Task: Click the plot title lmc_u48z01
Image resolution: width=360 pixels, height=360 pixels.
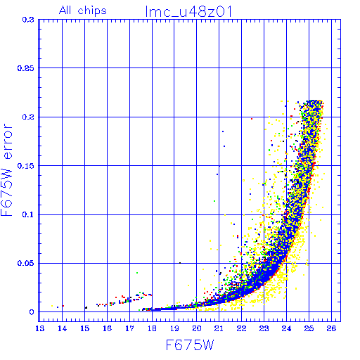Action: click(188, 11)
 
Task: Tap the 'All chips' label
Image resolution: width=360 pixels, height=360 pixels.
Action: click(83, 11)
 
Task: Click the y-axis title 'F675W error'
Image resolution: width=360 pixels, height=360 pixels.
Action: click(6, 169)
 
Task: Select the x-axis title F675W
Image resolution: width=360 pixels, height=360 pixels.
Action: click(190, 345)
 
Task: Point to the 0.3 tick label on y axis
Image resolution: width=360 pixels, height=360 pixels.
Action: click(28, 20)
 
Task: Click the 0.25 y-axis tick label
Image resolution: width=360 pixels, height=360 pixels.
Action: click(26, 68)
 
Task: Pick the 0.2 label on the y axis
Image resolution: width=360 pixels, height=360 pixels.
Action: click(28, 117)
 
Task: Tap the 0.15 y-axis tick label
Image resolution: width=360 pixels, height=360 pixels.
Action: click(26, 166)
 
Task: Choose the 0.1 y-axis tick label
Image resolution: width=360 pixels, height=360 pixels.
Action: click(28, 214)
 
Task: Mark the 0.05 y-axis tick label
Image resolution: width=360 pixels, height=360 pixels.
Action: click(26, 263)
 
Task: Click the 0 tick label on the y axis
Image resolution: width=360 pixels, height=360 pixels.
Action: click(32, 312)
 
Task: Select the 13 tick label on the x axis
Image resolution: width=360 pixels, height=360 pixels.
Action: click(40, 328)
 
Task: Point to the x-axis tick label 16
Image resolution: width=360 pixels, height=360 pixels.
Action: click(107, 328)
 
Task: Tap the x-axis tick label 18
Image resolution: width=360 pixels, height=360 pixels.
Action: click(152, 328)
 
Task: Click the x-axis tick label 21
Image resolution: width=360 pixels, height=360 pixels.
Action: click(219, 328)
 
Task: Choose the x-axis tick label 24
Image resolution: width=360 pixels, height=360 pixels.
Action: click(286, 328)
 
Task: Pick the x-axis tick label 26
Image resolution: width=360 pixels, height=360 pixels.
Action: click(331, 328)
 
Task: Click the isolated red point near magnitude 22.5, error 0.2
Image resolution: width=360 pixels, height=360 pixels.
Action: click(252, 119)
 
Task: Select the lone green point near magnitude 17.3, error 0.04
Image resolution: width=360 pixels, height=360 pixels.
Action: click(137, 273)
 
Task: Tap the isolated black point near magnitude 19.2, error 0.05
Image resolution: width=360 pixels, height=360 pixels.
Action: click(180, 263)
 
